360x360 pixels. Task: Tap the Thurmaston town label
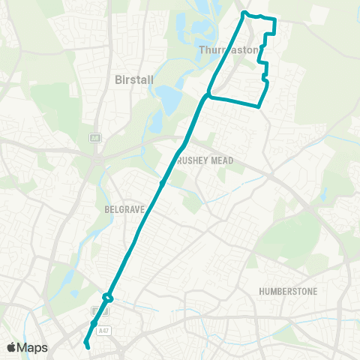(x=229, y=50)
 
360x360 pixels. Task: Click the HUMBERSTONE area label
(x=287, y=290)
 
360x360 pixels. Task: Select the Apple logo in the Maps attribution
(x=11, y=347)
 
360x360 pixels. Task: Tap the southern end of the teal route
(x=88, y=346)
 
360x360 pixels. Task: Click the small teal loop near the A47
(x=108, y=298)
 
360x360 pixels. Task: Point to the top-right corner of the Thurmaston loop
(x=275, y=20)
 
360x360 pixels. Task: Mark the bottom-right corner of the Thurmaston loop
(x=259, y=106)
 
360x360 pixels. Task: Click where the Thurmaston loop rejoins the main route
(x=207, y=95)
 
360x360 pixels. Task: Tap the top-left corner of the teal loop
(x=243, y=13)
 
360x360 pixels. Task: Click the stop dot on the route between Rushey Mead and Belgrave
(x=161, y=182)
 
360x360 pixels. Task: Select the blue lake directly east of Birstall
(x=169, y=96)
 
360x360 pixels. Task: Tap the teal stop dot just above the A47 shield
(x=94, y=324)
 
